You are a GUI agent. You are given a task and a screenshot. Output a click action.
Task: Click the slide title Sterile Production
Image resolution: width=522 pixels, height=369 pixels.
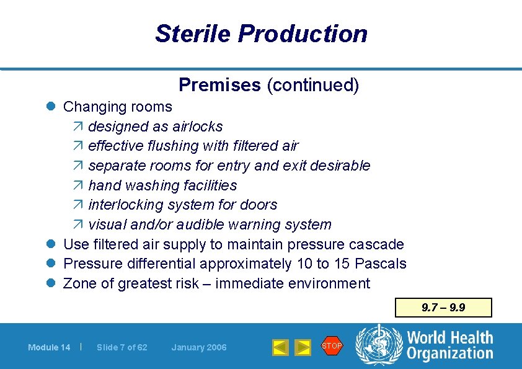[261, 33]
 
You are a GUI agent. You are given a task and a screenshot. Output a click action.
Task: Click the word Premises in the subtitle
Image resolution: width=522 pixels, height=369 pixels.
[219, 85]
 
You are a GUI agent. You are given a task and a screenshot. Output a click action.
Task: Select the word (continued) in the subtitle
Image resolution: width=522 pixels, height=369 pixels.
[312, 85]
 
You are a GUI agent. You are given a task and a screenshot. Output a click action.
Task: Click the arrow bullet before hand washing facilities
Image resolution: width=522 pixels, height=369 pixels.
[78, 185]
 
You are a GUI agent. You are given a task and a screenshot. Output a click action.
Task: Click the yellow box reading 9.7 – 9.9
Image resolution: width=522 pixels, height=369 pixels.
[443, 308]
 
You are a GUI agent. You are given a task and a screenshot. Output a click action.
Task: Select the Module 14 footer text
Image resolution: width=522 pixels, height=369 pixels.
[49, 347]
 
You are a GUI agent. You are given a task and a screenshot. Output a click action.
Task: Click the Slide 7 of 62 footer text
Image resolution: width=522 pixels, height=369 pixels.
[122, 347]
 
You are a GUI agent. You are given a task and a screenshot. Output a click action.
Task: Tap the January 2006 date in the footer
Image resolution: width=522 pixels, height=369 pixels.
[199, 347]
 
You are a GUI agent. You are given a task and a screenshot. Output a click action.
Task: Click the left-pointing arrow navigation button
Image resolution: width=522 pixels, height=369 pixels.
[280, 347]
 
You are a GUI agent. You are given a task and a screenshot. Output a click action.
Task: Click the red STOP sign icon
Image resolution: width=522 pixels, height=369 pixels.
[332, 345]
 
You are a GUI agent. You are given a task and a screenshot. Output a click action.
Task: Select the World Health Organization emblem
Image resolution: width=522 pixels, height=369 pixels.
[378, 345]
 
